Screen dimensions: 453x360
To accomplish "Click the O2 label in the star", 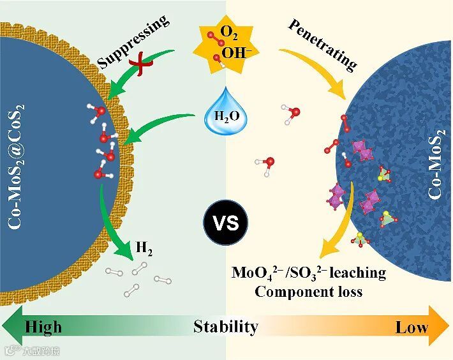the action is tap(228, 31).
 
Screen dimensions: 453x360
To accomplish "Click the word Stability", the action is tap(226, 327).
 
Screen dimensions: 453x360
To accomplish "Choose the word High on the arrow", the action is tap(43, 327).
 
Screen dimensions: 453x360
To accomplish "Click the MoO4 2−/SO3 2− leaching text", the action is tap(309, 273).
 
